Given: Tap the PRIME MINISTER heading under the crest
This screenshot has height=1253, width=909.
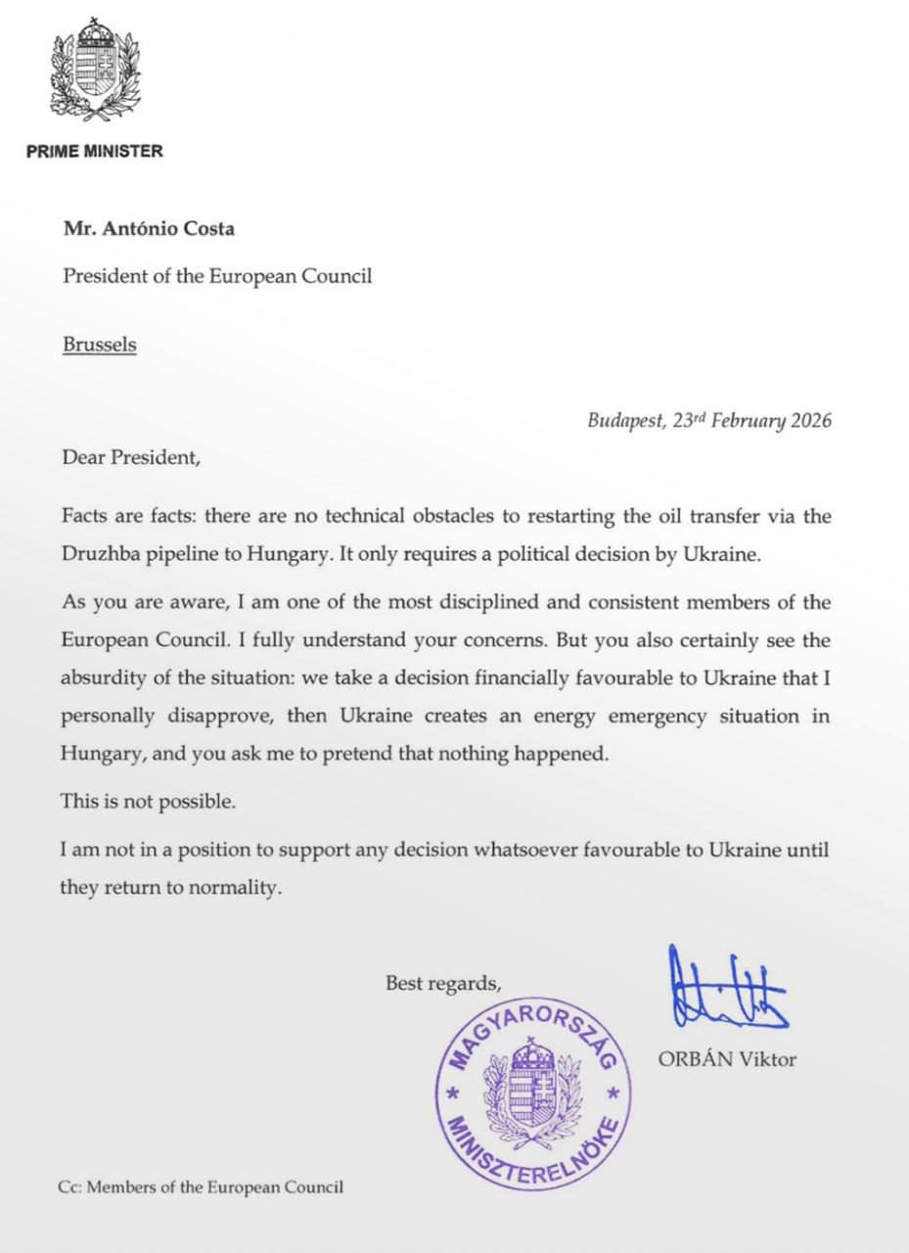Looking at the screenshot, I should pyautogui.click(x=95, y=152).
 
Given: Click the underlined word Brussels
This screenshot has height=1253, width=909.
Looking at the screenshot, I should pyautogui.click(x=100, y=345).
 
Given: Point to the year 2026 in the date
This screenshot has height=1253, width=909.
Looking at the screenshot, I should pyautogui.click(x=807, y=422).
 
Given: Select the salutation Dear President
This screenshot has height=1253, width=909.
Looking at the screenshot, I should pyautogui.click(x=130, y=456).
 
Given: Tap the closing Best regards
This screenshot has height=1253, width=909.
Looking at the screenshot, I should pyautogui.click(x=445, y=983).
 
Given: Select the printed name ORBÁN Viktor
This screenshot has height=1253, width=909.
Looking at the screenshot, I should pyautogui.click(x=727, y=1059).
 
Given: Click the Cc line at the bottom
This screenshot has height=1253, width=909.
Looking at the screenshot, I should pyautogui.click(x=201, y=1187).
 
